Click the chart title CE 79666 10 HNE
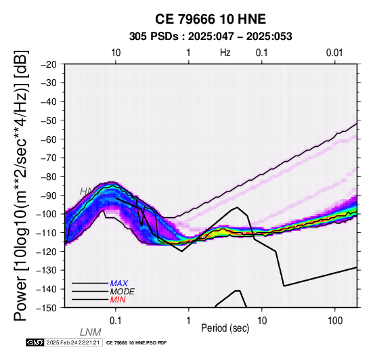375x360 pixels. click(211, 19)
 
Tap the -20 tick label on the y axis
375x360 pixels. click(49, 64)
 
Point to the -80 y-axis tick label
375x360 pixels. click(49, 177)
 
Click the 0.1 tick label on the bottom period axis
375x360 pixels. click(116, 321)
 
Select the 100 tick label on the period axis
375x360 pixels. click(335, 321)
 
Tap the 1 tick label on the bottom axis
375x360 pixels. click(189, 321)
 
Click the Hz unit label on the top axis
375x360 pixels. click(225, 53)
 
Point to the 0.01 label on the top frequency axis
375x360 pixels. click(334, 53)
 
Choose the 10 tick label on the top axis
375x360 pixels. click(116, 53)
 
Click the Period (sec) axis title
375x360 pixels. click(225, 328)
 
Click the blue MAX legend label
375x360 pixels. click(119, 284)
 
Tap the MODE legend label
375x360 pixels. click(123, 292)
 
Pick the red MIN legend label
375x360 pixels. click(118, 300)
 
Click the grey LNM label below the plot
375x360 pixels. click(91, 332)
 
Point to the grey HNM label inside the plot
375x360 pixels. click(91, 192)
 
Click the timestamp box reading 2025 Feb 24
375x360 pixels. click(73, 342)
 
